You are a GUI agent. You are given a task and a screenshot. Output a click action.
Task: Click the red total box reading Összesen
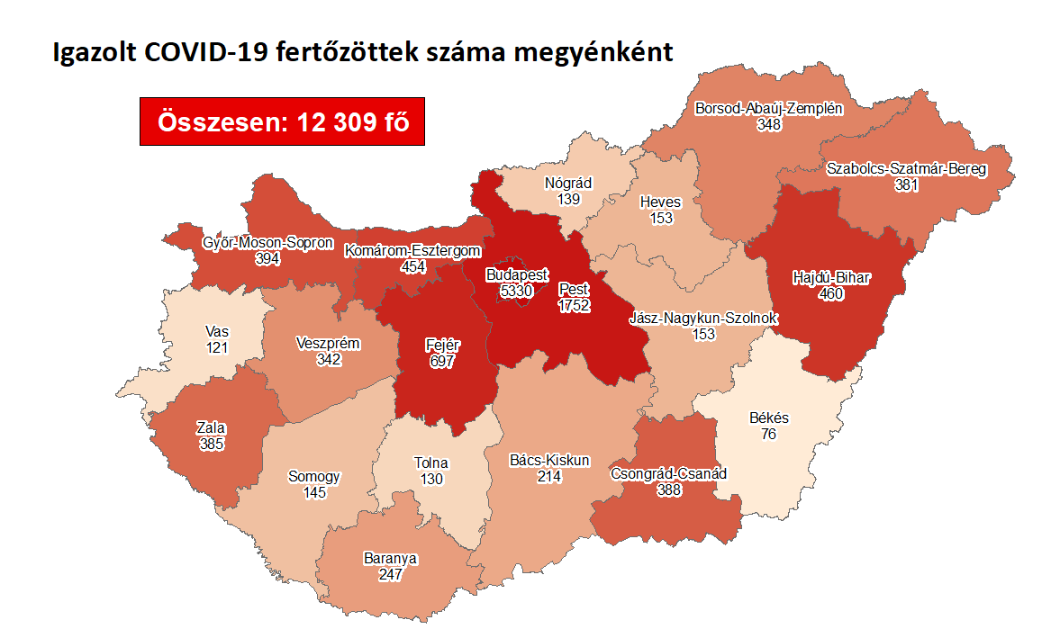tap(282, 121)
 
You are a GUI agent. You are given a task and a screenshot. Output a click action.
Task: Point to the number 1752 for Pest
tap(573, 306)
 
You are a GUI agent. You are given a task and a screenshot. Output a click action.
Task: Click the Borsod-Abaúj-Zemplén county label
tap(768, 109)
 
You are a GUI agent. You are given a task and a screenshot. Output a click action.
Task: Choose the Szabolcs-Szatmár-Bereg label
tap(906, 168)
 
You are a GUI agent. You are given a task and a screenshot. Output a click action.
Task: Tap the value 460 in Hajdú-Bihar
tap(830, 293)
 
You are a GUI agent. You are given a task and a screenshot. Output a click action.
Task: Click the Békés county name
tap(768, 418)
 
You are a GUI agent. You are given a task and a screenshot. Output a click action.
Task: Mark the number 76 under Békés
tap(768, 434)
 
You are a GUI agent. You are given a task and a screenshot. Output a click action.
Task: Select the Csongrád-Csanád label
tap(668, 473)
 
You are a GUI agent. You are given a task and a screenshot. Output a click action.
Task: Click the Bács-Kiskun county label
tap(549, 461)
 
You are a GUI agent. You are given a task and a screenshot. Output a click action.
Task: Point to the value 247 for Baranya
tap(390, 574)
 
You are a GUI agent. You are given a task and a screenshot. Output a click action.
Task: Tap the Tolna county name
tap(431, 463)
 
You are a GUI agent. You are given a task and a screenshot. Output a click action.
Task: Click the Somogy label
tap(314, 477)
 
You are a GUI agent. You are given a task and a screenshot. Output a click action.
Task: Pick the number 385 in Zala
tap(212, 444)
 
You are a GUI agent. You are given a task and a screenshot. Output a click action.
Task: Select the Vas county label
tap(217, 332)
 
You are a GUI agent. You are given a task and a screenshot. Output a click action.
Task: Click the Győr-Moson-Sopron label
tap(267, 243)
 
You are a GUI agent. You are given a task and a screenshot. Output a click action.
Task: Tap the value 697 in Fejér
tap(441, 361)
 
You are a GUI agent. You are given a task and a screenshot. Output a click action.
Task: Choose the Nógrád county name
tap(568, 183)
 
